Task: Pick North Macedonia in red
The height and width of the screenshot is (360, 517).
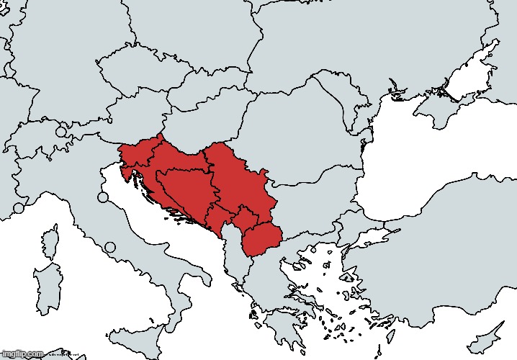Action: [260, 238]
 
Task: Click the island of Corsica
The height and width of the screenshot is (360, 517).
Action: [50, 241]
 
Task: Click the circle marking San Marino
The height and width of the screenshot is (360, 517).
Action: [103, 197]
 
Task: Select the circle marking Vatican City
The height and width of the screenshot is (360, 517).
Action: [110, 248]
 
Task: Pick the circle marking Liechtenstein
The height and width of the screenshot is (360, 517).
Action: [61, 132]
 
